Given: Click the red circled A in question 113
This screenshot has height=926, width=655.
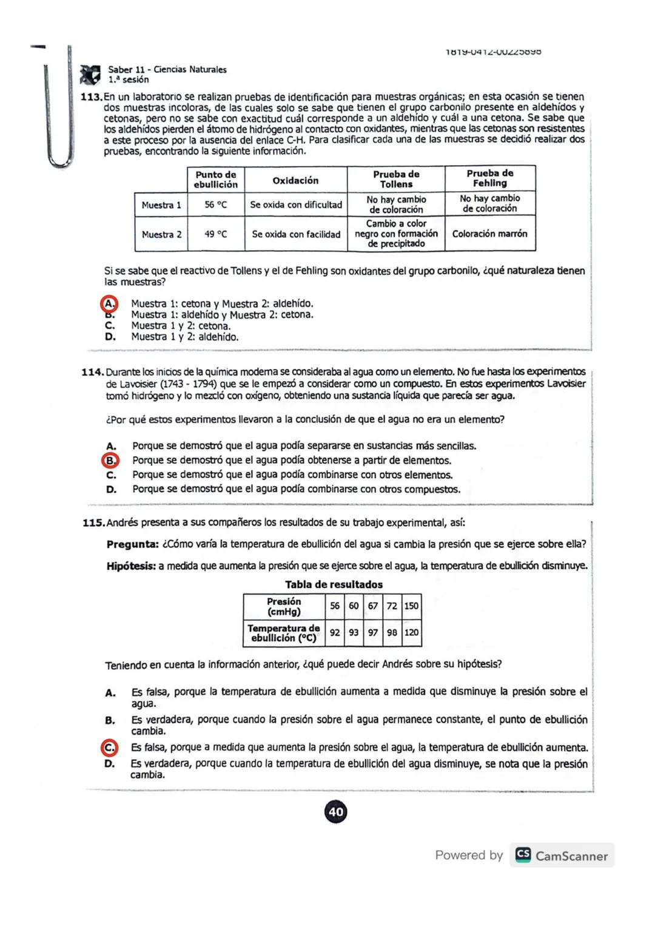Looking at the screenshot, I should [109, 303].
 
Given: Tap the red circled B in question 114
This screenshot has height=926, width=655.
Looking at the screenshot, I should [110, 461].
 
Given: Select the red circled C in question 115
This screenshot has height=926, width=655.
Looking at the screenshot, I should [109, 748].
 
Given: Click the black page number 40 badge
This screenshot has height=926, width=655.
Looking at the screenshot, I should [336, 812].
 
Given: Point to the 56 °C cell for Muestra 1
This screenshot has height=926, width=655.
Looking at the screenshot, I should [215, 205].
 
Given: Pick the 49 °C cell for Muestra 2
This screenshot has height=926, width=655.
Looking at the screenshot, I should [215, 234].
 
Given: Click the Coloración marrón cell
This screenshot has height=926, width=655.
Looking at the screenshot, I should [489, 234].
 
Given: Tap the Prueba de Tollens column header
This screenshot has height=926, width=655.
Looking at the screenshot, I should [396, 179].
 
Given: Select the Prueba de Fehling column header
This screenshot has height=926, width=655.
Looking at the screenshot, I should [489, 178].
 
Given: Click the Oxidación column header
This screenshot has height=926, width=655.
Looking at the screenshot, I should [295, 180].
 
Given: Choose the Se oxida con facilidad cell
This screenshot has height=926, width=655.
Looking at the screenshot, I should [296, 234].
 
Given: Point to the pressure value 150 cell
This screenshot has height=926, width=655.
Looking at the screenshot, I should [411, 606].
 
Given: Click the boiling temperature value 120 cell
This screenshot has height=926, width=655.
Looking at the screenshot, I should [411, 632].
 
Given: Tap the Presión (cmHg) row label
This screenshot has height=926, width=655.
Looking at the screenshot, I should [284, 606].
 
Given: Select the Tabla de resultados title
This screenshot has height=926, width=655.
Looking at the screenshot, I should [334, 584].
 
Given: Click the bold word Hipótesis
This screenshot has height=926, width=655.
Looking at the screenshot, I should [131, 566].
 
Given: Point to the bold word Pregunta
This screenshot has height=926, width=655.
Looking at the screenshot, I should [132, 544].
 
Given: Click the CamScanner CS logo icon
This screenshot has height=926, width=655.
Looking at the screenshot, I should [523, 855].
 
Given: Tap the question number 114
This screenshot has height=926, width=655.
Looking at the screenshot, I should [93, 371].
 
